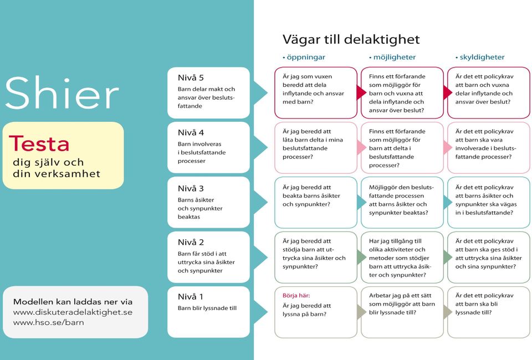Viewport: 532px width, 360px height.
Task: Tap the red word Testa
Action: [39, 143]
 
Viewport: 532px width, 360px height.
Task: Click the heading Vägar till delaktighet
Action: [351, 40]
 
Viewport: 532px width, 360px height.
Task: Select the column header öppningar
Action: [304, 57]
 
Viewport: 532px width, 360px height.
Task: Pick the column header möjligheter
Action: [392, 57]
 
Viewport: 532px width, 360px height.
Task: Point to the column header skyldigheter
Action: [480, 57]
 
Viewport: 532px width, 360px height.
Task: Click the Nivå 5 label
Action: [191, 78]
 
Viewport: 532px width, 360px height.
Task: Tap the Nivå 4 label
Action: [191, 132]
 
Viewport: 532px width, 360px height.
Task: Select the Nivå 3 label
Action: [191, 188]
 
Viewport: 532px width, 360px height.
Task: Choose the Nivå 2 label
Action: [191, 243]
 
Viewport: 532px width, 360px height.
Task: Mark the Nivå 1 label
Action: [190, 297]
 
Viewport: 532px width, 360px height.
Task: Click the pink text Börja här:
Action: [296, 296]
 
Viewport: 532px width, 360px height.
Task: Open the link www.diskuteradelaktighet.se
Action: [73, 312]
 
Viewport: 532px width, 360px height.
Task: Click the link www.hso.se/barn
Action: [49, 322]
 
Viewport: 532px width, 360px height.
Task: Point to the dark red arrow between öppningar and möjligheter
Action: [361, 92]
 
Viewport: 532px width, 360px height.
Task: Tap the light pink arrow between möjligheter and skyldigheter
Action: [448, 147]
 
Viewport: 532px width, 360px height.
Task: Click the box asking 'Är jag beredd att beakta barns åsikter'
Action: [315, 202]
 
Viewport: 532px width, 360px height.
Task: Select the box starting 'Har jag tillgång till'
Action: [402, 258]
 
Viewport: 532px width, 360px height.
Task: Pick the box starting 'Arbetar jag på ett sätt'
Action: [402, 312]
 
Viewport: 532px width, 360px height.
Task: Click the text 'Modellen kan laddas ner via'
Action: [73, 302]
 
